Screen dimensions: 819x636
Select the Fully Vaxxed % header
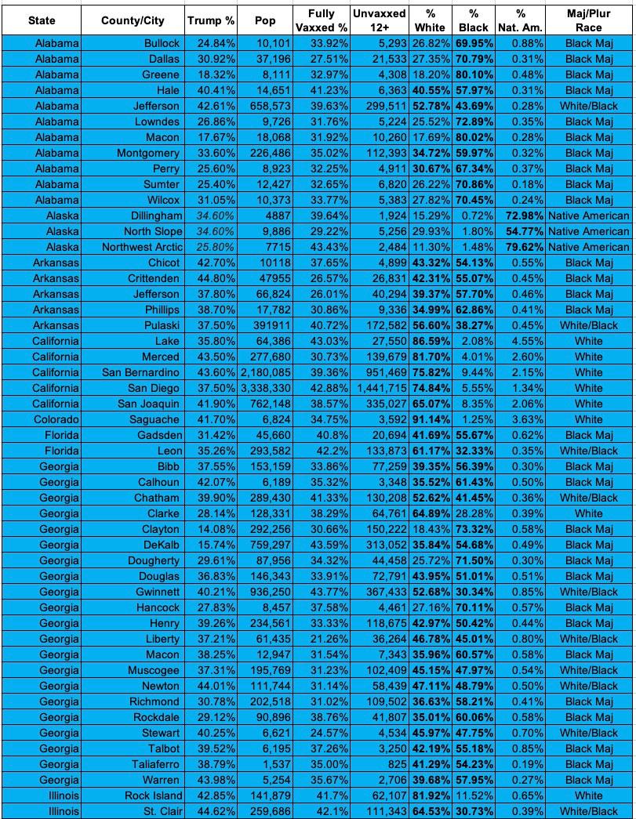(x=321, y=20)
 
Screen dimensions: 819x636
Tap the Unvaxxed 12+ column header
(x=379, y=20)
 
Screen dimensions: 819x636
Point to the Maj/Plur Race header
(x=588, y=20)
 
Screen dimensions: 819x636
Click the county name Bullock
(x=162, y=43)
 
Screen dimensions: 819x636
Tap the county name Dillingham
(x=154, y=216)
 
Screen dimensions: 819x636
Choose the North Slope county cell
(x=152, y=231)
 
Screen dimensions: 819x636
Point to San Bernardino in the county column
(x=140, y=372)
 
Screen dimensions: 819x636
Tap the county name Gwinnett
(x=158, y=592)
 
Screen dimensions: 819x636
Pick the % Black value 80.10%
(x=474, y=74)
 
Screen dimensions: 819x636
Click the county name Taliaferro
(x=154, y=764)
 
